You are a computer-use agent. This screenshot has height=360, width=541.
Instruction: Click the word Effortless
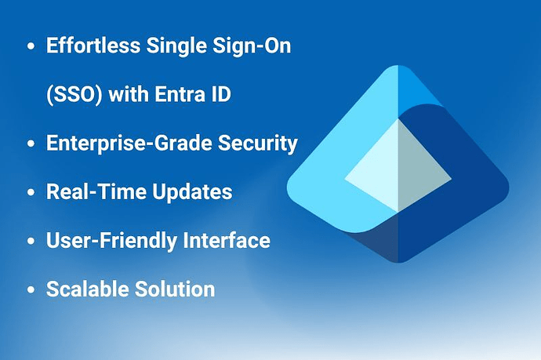(x=93, y=45)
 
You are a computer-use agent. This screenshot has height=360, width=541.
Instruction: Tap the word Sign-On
(x=252, y=46)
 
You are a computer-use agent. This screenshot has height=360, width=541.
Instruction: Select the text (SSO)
(x=74, y=94)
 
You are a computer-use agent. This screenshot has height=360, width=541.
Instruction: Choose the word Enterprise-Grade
(x=129, y=144)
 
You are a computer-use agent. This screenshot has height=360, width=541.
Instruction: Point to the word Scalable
(x=87, y=289)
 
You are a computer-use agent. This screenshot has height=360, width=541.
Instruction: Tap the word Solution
(x=175, y=289)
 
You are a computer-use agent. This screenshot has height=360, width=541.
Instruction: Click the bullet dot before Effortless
(x=31, y=46)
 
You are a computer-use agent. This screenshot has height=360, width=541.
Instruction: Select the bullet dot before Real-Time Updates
(x=31, y=192)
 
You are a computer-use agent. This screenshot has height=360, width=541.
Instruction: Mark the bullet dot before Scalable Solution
(x=31, y=289)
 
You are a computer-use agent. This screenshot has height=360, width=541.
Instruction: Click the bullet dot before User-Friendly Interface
(x=31, y=241)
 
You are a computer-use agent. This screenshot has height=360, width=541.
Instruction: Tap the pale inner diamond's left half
(x=379, y=173)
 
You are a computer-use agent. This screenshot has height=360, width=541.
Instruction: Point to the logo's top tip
(x=398, y=65)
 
